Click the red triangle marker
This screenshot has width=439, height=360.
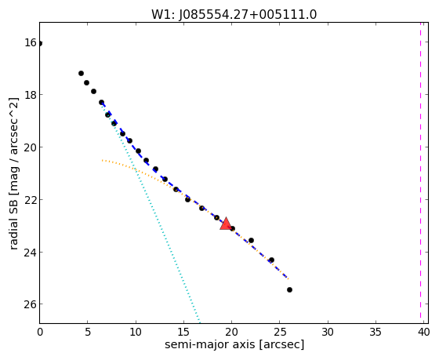tap(226, 224)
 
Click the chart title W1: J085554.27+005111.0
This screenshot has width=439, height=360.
tap(234, 14)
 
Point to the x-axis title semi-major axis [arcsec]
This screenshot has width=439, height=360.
tap(234, 344)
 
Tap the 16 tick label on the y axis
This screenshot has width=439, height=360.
tap(30, 43)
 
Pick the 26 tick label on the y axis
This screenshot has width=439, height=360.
tap(30, 304)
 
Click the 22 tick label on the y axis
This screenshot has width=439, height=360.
tap(30, 199)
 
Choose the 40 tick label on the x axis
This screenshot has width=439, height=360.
tap(423, 333)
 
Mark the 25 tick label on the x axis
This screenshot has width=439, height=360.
tap(280, 333)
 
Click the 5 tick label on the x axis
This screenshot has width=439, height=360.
tap(88, 333)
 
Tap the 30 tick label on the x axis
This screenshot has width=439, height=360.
tap(328, 333)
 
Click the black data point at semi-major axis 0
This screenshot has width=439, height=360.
tap(40, 43)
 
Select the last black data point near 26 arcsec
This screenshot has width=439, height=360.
tap(289, 289)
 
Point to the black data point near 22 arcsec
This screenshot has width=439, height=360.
tap(251, 240)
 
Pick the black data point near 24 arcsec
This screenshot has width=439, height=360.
tap(271, 260)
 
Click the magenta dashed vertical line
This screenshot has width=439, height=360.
tap(420, 170)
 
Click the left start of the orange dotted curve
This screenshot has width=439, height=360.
tap(103, 160)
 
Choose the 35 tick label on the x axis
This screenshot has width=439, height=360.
tap(376, 333)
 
